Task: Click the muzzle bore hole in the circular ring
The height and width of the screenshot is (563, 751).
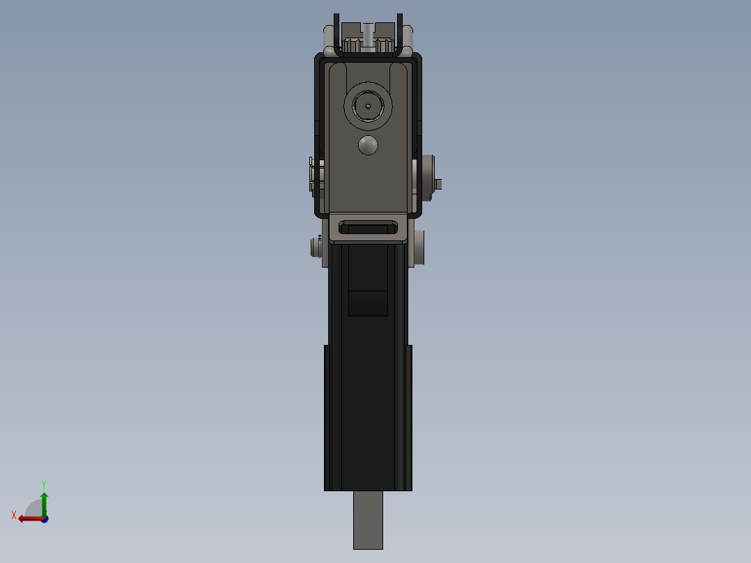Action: click(368, 107)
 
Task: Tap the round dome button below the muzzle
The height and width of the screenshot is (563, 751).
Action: click(368, 145)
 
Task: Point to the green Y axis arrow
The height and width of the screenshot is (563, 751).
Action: click(44, 501)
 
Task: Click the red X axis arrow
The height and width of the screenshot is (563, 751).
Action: click(29, 518)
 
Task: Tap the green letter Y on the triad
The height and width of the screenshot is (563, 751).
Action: click(43, 484)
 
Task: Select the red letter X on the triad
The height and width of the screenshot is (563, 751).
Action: click(14, 515)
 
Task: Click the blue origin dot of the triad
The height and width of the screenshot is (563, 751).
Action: click(45, 519)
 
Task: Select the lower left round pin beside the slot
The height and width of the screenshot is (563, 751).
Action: click(315, 247)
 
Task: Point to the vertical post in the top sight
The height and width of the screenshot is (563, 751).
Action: click(368, 35)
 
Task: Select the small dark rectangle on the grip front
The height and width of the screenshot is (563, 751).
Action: click(368, 303)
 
